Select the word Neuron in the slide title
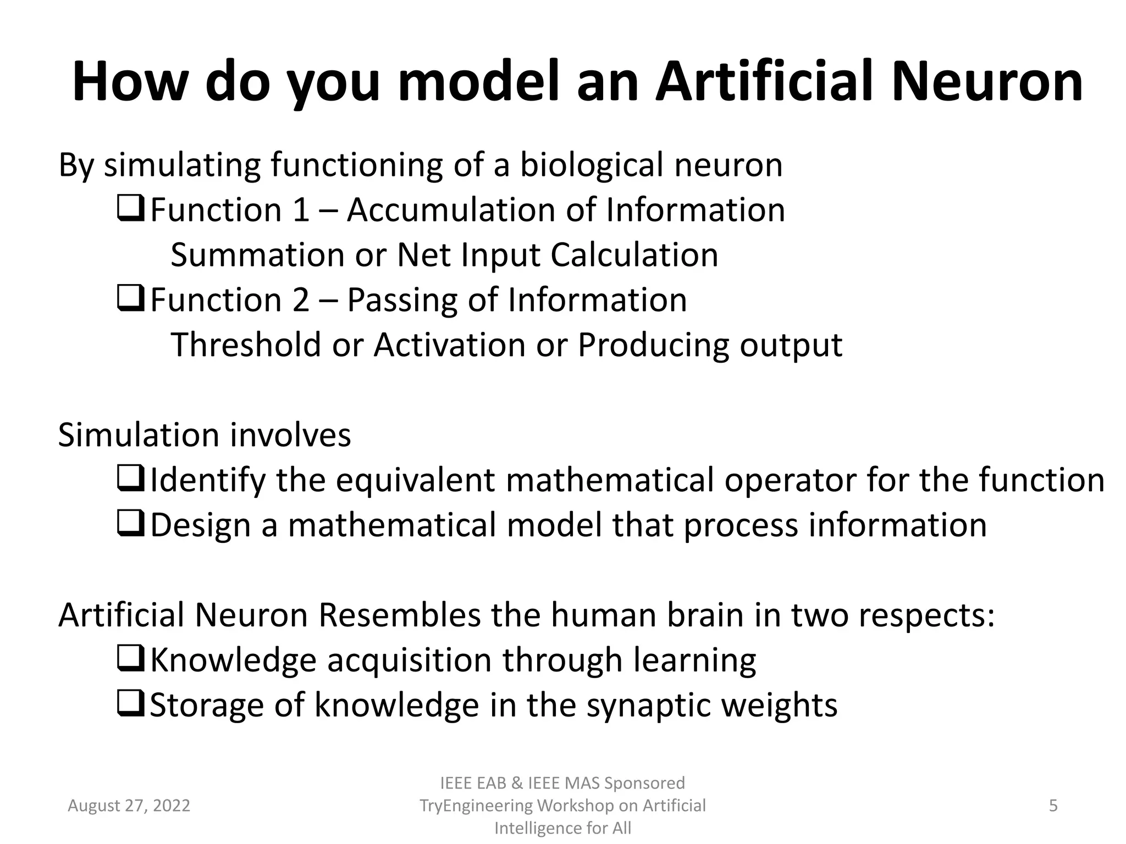tap(987, 82)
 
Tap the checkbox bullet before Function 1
tap(130, 209)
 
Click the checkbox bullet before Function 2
tap(130, 299)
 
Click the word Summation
tap(257, 256)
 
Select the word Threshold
tap(246, 345)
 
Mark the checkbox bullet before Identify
tap(130, 479)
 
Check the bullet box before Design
tap(130, 524)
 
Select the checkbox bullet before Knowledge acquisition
tap(130, 659)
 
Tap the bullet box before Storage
tap(130, 704)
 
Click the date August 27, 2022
tap(129, 806)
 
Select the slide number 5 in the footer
tap(1053, 806)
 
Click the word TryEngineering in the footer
tap(476, 806)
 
